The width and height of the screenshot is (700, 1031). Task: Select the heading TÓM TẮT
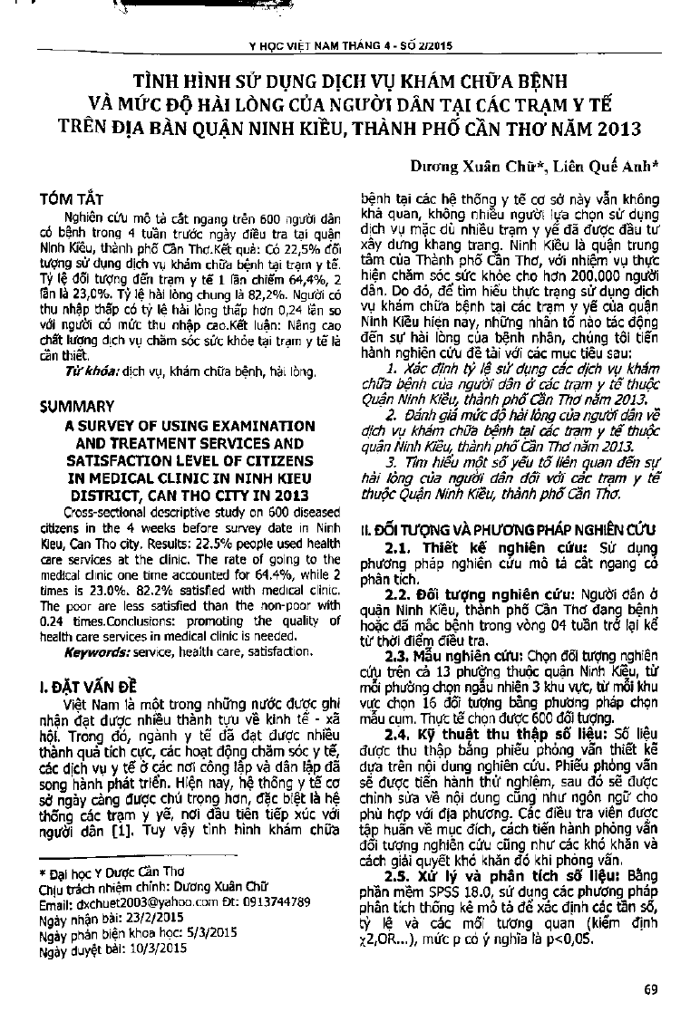pos(79,197)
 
